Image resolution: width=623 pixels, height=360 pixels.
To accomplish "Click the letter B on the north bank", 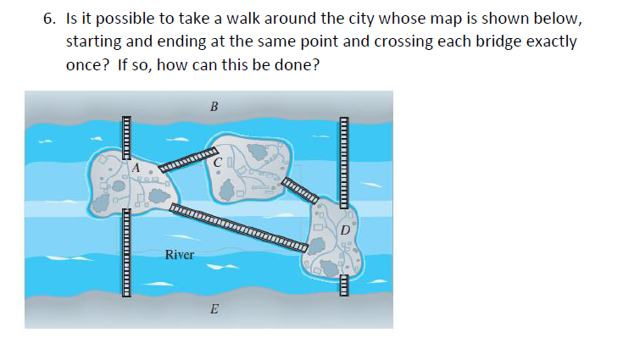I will click(x=214, y=107).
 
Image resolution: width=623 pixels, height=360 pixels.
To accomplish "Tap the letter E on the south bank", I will click(x=213, y=310).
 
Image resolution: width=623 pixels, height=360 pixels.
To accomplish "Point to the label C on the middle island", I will click(x=218, y=160).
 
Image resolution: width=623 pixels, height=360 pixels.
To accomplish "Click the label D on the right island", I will click(x=345, y=229).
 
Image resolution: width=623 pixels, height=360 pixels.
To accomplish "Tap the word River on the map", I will click(x=179, y=254).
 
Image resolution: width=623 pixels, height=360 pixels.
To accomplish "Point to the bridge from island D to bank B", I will click(x=345, y=161).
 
